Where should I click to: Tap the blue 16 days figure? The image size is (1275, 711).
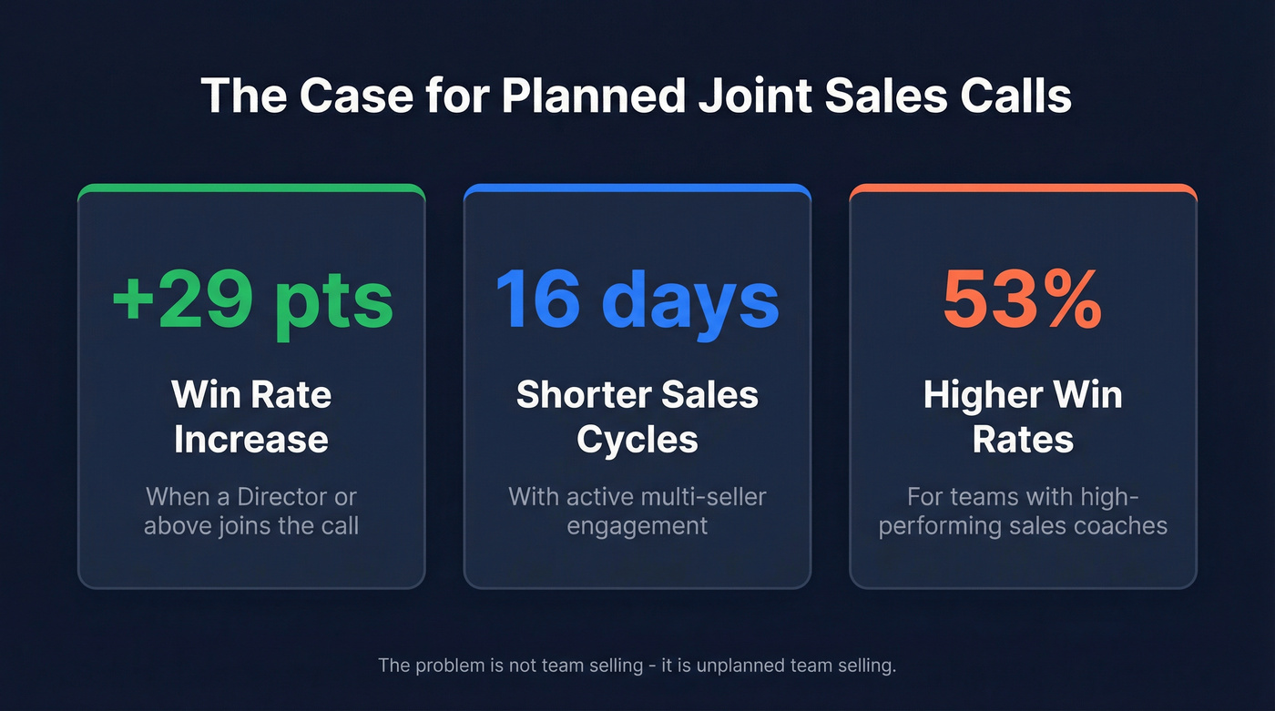point(637,300)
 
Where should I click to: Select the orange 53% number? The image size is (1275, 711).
point(1022,300)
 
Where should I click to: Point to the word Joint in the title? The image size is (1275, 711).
point(761,96)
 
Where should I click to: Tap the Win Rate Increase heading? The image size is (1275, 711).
point(251,417)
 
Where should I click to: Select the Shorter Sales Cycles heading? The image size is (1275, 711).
point(637,417)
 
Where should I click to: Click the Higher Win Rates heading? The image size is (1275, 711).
point(1023,417)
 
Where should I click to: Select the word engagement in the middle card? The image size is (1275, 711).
point(637,525)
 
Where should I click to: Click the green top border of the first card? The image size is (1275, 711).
point(251,188)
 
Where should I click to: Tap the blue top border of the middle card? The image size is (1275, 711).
point(637,188)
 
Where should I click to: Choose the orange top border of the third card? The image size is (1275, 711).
point(1023,188)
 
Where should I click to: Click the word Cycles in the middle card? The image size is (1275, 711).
point(637,440)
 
